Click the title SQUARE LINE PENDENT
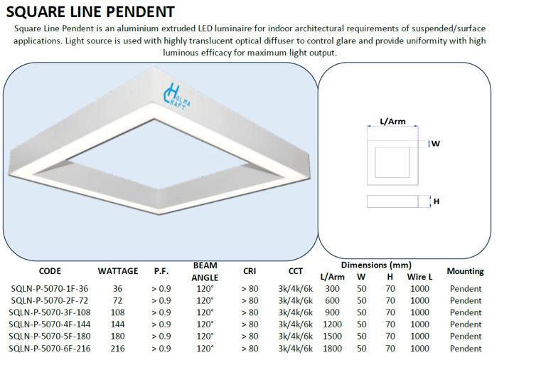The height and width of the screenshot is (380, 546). (90, 12)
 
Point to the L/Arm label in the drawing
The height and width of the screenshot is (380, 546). (392, 121)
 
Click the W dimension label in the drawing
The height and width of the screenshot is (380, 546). (435, 143)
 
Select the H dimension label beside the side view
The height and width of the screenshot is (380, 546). (437, 201)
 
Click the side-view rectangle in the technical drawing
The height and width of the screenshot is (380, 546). (392, 201)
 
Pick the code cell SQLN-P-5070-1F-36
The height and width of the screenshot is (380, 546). (50, 289)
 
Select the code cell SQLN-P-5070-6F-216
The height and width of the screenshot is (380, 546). (50, 348)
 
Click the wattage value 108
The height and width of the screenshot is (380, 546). (118, 312)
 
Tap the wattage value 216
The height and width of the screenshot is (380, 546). (118, 348)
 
